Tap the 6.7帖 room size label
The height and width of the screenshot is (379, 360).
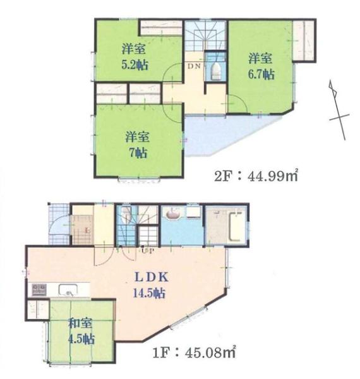[x=260, y=74]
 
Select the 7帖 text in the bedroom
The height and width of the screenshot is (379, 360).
[x=136, y=152]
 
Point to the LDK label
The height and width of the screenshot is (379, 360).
[x=149, y=278]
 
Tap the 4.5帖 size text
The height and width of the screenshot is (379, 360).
[x=80, y=339]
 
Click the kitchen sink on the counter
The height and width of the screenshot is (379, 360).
[x=68, y=290]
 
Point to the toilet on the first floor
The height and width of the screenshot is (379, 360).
[x=127, y=215]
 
